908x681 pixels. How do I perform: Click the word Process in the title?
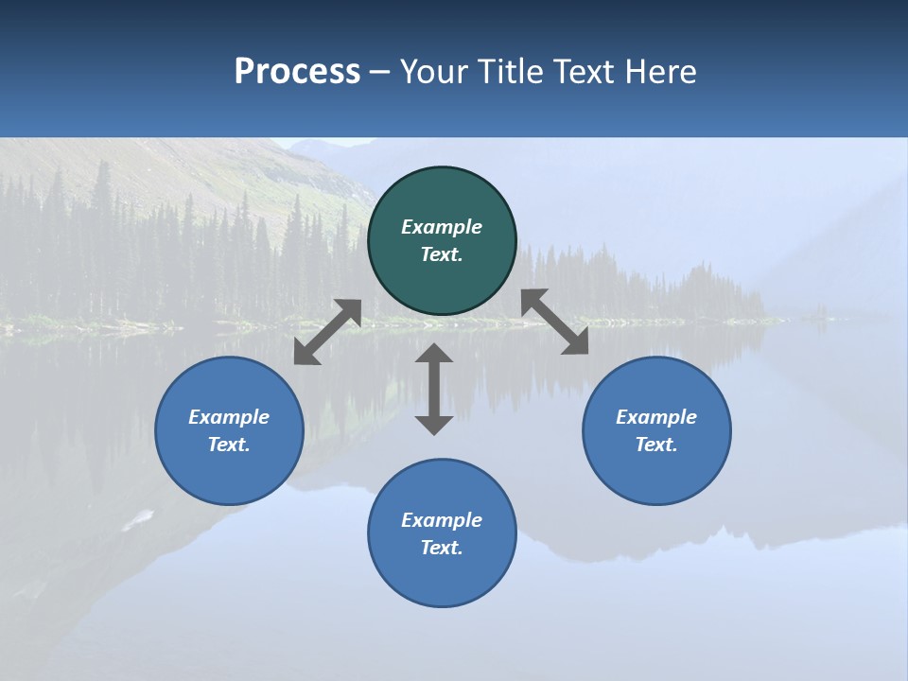[297, 72]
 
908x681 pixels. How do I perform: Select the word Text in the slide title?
[585, 72]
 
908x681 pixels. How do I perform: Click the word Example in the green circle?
[442, 227]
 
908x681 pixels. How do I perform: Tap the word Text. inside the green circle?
[442, 254]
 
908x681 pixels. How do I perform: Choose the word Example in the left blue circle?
[229, 417]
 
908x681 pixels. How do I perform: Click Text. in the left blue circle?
[229, 445]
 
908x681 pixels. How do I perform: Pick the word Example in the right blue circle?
[656, 417]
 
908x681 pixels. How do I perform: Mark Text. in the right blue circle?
[656, 445]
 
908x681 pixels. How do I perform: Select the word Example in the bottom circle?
[442, 520]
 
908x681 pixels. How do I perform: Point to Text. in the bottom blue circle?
[442, 548]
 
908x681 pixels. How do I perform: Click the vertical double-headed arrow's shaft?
[434, 389]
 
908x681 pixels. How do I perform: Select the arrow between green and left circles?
[327, 332]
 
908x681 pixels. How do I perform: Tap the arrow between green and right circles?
[555, 322]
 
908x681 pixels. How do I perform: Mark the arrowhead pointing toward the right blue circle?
[576, 342]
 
